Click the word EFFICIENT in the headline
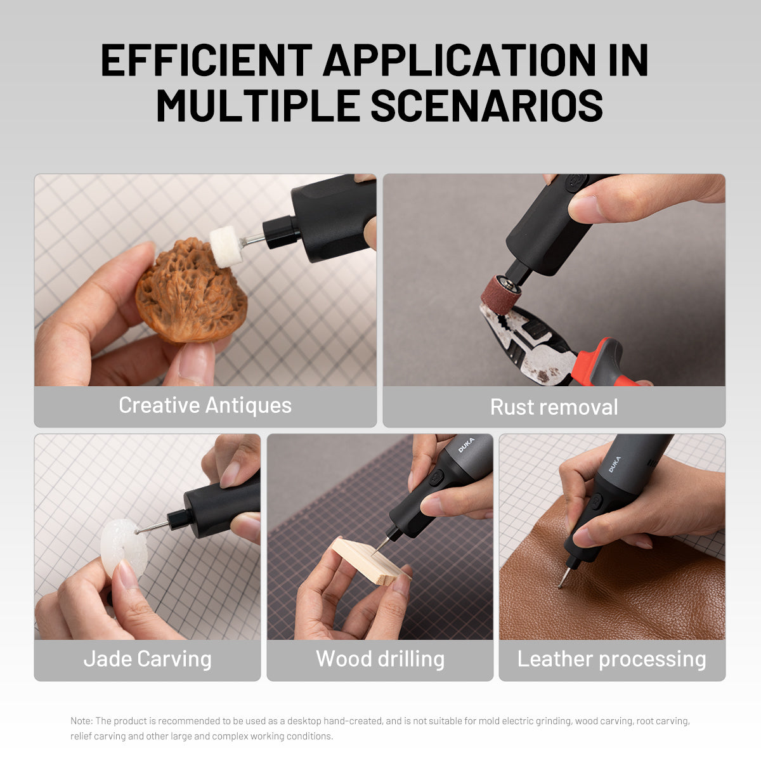pyautogui.click(x=206, y=61)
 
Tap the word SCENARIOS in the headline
pyautogui.click(x=486, y=105)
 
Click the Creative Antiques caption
pyautogui.click(x=205, y=405)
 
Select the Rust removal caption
pyautogui.click(x=554, y=407)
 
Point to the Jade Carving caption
pyautogui.click(x=147, y=659)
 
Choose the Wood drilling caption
pyautogui.click(x=380, y=659)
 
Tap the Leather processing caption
pyautogui.click(x=611, y=659)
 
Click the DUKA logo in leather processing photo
pyautogui.click(x=615, y=464)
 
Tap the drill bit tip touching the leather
pyautogui.click(x=560, y=585)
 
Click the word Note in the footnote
pyautogui.click(x=81, y=721)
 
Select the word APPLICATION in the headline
pyautogui.click(x=460, y=61)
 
